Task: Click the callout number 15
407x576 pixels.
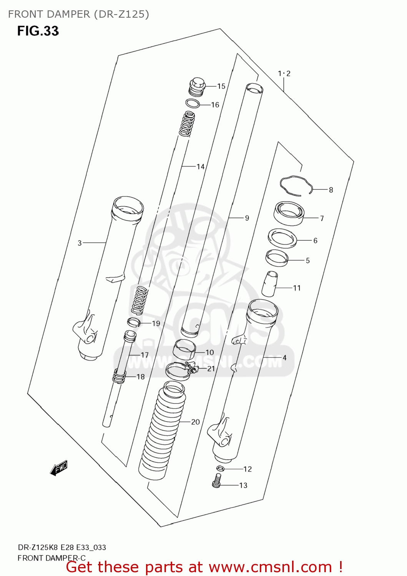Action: [221, 86]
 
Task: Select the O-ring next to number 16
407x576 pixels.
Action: [193, 103]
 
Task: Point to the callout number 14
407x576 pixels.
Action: [200, 167]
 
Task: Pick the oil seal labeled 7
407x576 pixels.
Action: [289, 214]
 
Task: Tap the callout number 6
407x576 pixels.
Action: [315, 241]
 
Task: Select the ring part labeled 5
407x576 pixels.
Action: [277, 258]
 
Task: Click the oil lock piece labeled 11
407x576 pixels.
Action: [270, 285]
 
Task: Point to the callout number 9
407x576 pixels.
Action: [247, 218]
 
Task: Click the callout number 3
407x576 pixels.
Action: [80, 243]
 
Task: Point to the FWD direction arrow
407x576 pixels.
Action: [59, 468]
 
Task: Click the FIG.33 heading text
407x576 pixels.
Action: [38, 31]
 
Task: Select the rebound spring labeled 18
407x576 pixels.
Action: [119, 376]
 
